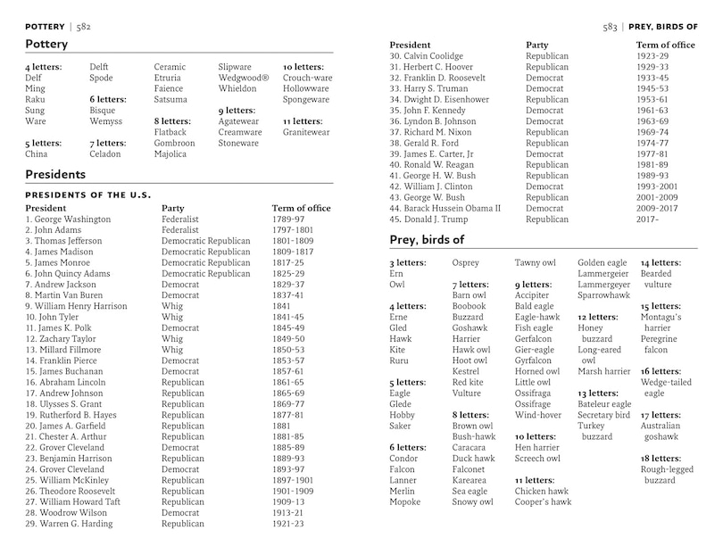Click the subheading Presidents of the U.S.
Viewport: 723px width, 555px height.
click(87, 195)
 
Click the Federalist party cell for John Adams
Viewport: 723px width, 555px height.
click(180, 230)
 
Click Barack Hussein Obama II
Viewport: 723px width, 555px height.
click(450, 209)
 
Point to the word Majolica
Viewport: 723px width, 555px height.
click(170, 154)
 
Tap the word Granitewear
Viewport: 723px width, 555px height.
click(306, 132)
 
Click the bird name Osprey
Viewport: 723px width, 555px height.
click(466, 263)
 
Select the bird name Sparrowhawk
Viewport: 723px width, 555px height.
click(604, 295)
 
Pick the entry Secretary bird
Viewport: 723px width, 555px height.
click(603, 415)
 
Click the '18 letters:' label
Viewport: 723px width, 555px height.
click(661, 459)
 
